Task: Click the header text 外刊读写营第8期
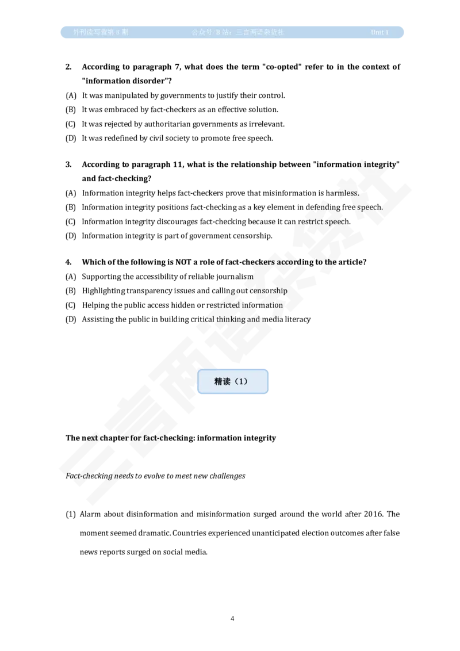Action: (x=101, y=32)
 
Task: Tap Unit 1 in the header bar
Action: (x=379, y=32)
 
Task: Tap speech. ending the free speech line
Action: (x=370, y=207)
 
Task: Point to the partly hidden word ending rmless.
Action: (x=347, y=193)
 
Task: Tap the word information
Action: (x=265, y=305)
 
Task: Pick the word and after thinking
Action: (x=254, y=319)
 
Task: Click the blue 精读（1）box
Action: (x=233, y=381)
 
